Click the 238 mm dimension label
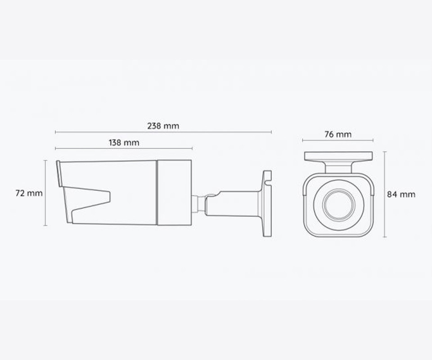pos(163,126)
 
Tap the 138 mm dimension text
pos(124,143)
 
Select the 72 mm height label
pos(29,193)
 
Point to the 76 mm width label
pos(338,135)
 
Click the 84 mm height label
pos(401,194)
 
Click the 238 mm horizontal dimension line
pos(163,132)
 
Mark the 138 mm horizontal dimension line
pos(124,149)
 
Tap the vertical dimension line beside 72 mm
pos(45,193)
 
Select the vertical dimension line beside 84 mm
pos(385,194)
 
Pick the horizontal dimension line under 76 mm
pos(338,140)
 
